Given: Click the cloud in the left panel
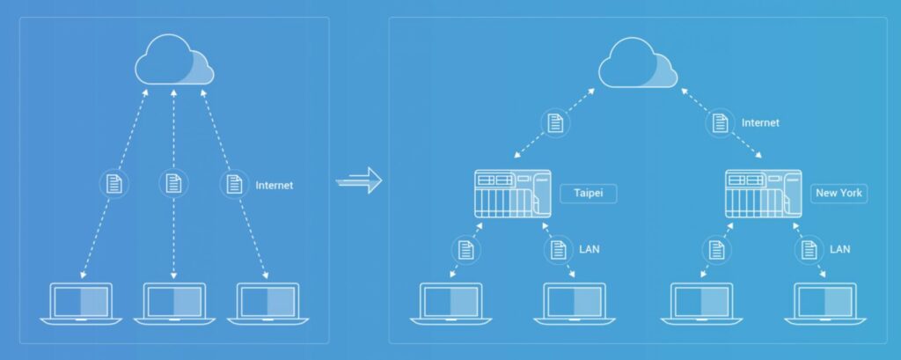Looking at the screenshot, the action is pyautogui.click(x=174, y=60).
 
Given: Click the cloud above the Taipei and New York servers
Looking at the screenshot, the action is pyautogui.click(x=638, y=62).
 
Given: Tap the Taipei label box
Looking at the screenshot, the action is pyautogui.click(x=589, y=194).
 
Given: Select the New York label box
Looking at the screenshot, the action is pyautogui.click(x=839, y=194).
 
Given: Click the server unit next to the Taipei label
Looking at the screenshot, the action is pyautogui.click(x=513, y=194).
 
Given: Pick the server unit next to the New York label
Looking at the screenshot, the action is pyautogui.click(x=763, y=194).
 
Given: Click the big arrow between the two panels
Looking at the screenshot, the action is pyautogui.click(x=359, y=180).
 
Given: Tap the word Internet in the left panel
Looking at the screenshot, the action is pyautogui.click(x=275, y=185).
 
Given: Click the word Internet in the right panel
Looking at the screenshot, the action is pyautogui.click(x=760, y=122).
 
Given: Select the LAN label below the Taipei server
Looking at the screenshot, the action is pyautogui.click(x=589, y=250).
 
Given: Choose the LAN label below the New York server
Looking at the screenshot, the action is pyautogui.click(x=839, y=250).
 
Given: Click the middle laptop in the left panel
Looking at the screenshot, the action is pyautogui.click(x=174, y=304).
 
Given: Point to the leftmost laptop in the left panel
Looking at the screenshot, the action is pyautogui.click(x=81, y=304).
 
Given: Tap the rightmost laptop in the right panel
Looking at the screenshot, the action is pyautogui.click(x=825, y=304).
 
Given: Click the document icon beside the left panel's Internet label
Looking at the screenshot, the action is pyautogui.click(x=234, y=184).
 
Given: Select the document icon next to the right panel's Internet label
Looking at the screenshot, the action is pyautogui.click(x=720, y=123).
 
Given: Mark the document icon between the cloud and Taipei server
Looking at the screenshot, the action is pyautogui.click(x=555, y=123).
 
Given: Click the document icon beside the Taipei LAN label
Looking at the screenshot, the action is pyautogui.click(x=559, y=250).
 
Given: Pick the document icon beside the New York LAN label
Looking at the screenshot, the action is pyautogui.click(x=809, y=250).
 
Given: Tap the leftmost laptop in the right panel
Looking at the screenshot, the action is pyautogui.click(x=451, y=304).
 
